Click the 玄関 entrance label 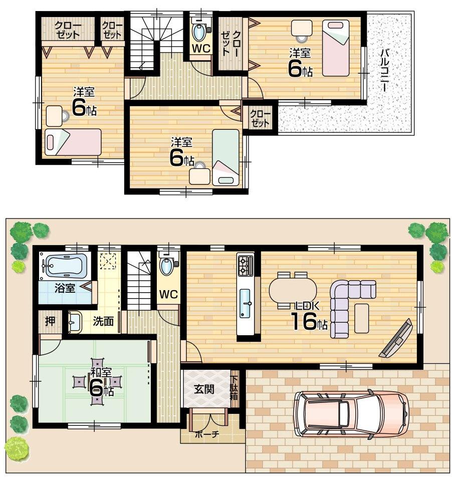click(204, 389)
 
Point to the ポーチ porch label click(207, 434)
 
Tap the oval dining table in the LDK click(293, 290)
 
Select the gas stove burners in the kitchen click(245, 266)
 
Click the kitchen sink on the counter click(245, 303)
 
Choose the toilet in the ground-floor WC click(167, 266)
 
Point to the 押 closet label click(50, 321)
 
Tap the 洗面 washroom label click(104, 321)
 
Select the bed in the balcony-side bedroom click(335, 48)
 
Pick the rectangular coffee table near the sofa click(361, 318)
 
